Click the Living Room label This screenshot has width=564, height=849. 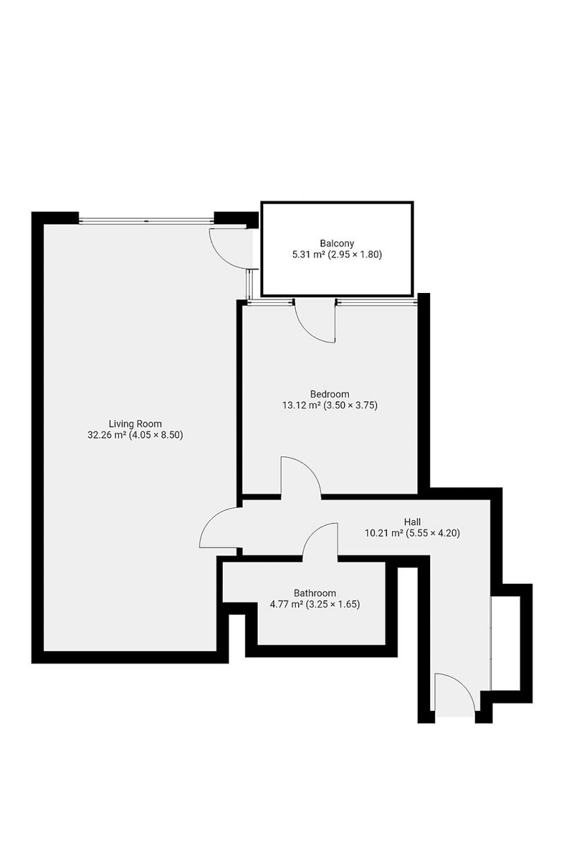click(135, 424)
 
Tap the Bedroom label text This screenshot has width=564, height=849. click(330, 394)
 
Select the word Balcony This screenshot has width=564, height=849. click(337, 243)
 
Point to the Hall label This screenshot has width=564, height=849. click(412, 522)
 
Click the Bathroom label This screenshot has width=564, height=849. click(315, 593)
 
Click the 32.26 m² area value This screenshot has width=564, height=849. click(107, 434)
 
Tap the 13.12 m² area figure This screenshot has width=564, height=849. click(301, 405)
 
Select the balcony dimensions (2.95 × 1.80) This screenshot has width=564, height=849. click(355, 254)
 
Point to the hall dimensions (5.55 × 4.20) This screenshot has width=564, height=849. click(433, 533)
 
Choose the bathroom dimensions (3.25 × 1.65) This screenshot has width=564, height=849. click(333, 604)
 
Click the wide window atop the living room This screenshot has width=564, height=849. click(146, 220)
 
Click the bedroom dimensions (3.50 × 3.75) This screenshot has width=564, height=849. click(350, 405)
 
